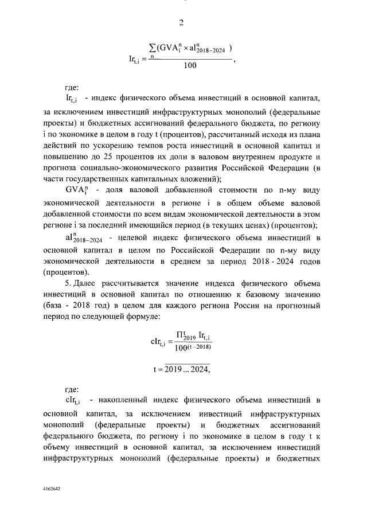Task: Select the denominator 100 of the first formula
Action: pyautogui.click(x=189, y=65)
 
